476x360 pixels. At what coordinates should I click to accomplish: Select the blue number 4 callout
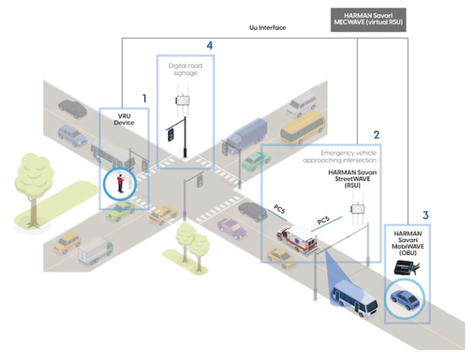click(x=209, y=46)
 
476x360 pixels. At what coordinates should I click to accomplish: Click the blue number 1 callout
click(x=144, y=98)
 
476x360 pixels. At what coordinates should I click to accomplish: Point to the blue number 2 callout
click(x=376, y=134)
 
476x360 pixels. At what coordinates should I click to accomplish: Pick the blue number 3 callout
click(x=425, y=216)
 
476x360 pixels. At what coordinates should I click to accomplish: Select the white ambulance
click(x=296, y=239)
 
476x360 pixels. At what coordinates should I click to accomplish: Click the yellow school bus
click(x=303, y=128)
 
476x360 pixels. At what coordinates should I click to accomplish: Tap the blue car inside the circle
click(x=405, y=299)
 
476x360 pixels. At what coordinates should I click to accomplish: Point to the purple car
click(x=232, y=227)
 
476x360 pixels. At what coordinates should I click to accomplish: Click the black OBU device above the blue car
click(x=406, y=268)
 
